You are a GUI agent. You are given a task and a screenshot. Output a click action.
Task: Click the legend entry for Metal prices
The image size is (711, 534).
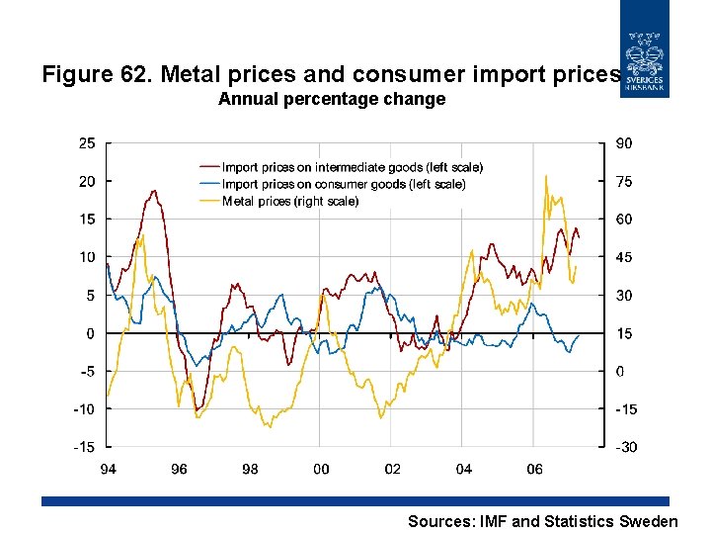(x=290, y=201)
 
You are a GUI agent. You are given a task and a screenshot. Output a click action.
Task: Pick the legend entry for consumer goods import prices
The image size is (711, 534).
(x=343, y=184)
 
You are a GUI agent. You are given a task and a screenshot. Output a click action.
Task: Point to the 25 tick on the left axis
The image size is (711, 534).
(x=87, y=143)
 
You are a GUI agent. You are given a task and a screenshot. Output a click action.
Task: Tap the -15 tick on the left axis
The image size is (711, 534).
(x=85, y=447)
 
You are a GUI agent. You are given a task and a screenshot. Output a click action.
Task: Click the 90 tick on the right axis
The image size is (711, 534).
(x=624, y=143)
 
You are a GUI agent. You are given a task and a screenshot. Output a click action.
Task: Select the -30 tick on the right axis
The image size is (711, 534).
(x=626, y=447)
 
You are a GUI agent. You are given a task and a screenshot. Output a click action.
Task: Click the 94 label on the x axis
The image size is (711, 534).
(x=108, y=469)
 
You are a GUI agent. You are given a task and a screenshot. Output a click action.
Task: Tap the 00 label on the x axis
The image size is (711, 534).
(x=321, y=469)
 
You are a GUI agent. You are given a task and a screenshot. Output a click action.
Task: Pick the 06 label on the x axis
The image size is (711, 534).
(x=534, y=469)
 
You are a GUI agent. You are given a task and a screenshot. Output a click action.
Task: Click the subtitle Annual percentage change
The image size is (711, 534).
(x=332, y=99)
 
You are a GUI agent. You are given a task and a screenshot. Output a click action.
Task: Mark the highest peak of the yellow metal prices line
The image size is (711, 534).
(x=546, y=176)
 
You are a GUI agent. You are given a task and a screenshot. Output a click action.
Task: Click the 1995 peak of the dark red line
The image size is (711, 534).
(x=155, y=191)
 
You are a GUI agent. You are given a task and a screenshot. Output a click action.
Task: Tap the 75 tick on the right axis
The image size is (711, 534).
(x=624, y=181)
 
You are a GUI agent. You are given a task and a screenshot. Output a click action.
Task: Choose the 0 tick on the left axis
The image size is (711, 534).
(x=91, y=333)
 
